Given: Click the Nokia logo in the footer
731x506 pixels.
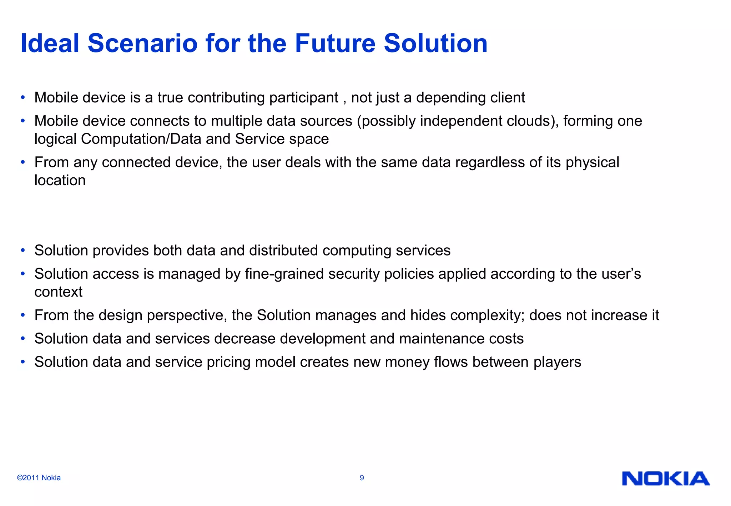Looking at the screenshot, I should [666, 479].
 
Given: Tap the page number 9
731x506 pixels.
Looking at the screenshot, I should [362, 478].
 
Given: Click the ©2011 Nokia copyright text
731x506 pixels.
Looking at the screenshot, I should [39, 478].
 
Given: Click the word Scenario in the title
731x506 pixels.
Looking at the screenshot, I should [142, 43].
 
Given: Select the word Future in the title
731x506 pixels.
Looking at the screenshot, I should [335, 43].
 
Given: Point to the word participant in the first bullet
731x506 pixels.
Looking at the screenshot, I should [304, 98].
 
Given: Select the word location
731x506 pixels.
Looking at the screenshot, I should [60, 181].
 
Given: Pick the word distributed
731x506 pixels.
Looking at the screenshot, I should [283, 251].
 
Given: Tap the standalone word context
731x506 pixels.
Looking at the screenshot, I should [58, 292].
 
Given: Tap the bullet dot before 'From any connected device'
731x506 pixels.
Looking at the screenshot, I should [23, 162].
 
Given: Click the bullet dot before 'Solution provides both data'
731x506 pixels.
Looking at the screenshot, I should [23, 251].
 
